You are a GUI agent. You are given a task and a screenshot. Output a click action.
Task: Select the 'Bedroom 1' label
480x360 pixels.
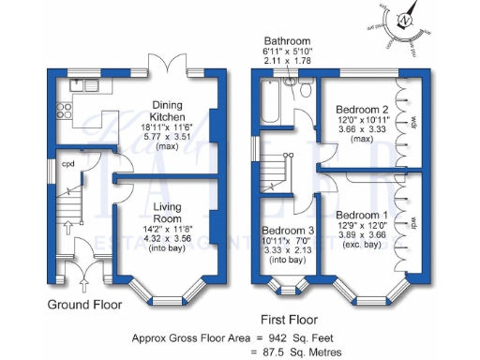(x=361, y=215)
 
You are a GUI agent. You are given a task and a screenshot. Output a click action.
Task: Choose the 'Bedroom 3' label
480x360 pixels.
(x=287, y=232)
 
